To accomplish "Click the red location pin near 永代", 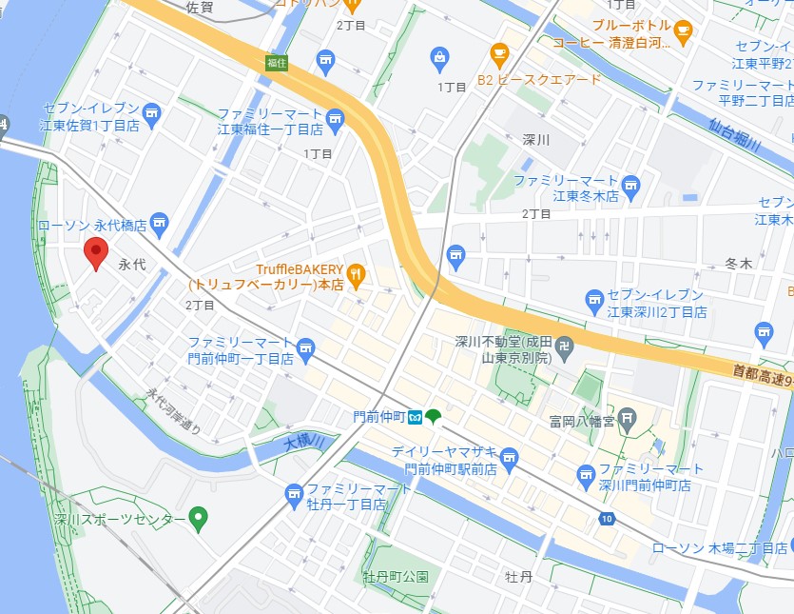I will tap(95, 253).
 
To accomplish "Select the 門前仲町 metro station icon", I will tap(416, 416).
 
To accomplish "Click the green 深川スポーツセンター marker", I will tap(198, 519).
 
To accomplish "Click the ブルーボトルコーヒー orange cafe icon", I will tap(683, 32).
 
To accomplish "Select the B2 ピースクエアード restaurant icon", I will tap(499, 54).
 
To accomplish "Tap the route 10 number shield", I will tap(606, 519).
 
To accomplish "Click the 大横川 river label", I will tap(304, 442).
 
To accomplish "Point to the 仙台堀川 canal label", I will tap(735, 132).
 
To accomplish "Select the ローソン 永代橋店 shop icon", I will tap(159, 226).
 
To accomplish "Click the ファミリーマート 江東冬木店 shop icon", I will tap(632, 184).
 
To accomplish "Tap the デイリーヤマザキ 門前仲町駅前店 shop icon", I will tap(509, 458).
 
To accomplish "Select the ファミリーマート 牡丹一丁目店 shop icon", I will tap(295, 492).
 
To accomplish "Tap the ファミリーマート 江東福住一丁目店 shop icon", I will tap(334, 119).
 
